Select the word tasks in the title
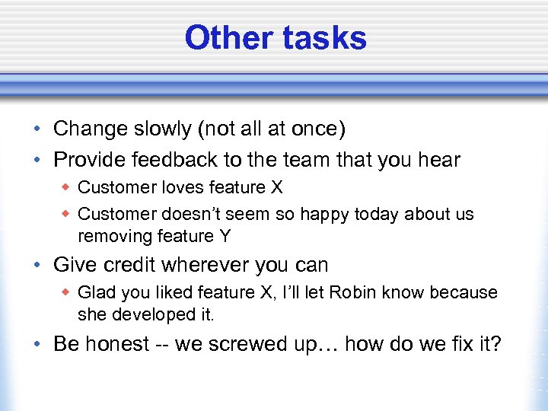click(x=325, y=38)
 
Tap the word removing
click(x=111, y=236)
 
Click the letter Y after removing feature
click(x=224, y=236)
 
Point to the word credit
click(x=132, y=265)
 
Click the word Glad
click(x=96, y=292)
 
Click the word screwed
click(x=250, y=344)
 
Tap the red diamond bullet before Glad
click(x=66, y=292)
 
